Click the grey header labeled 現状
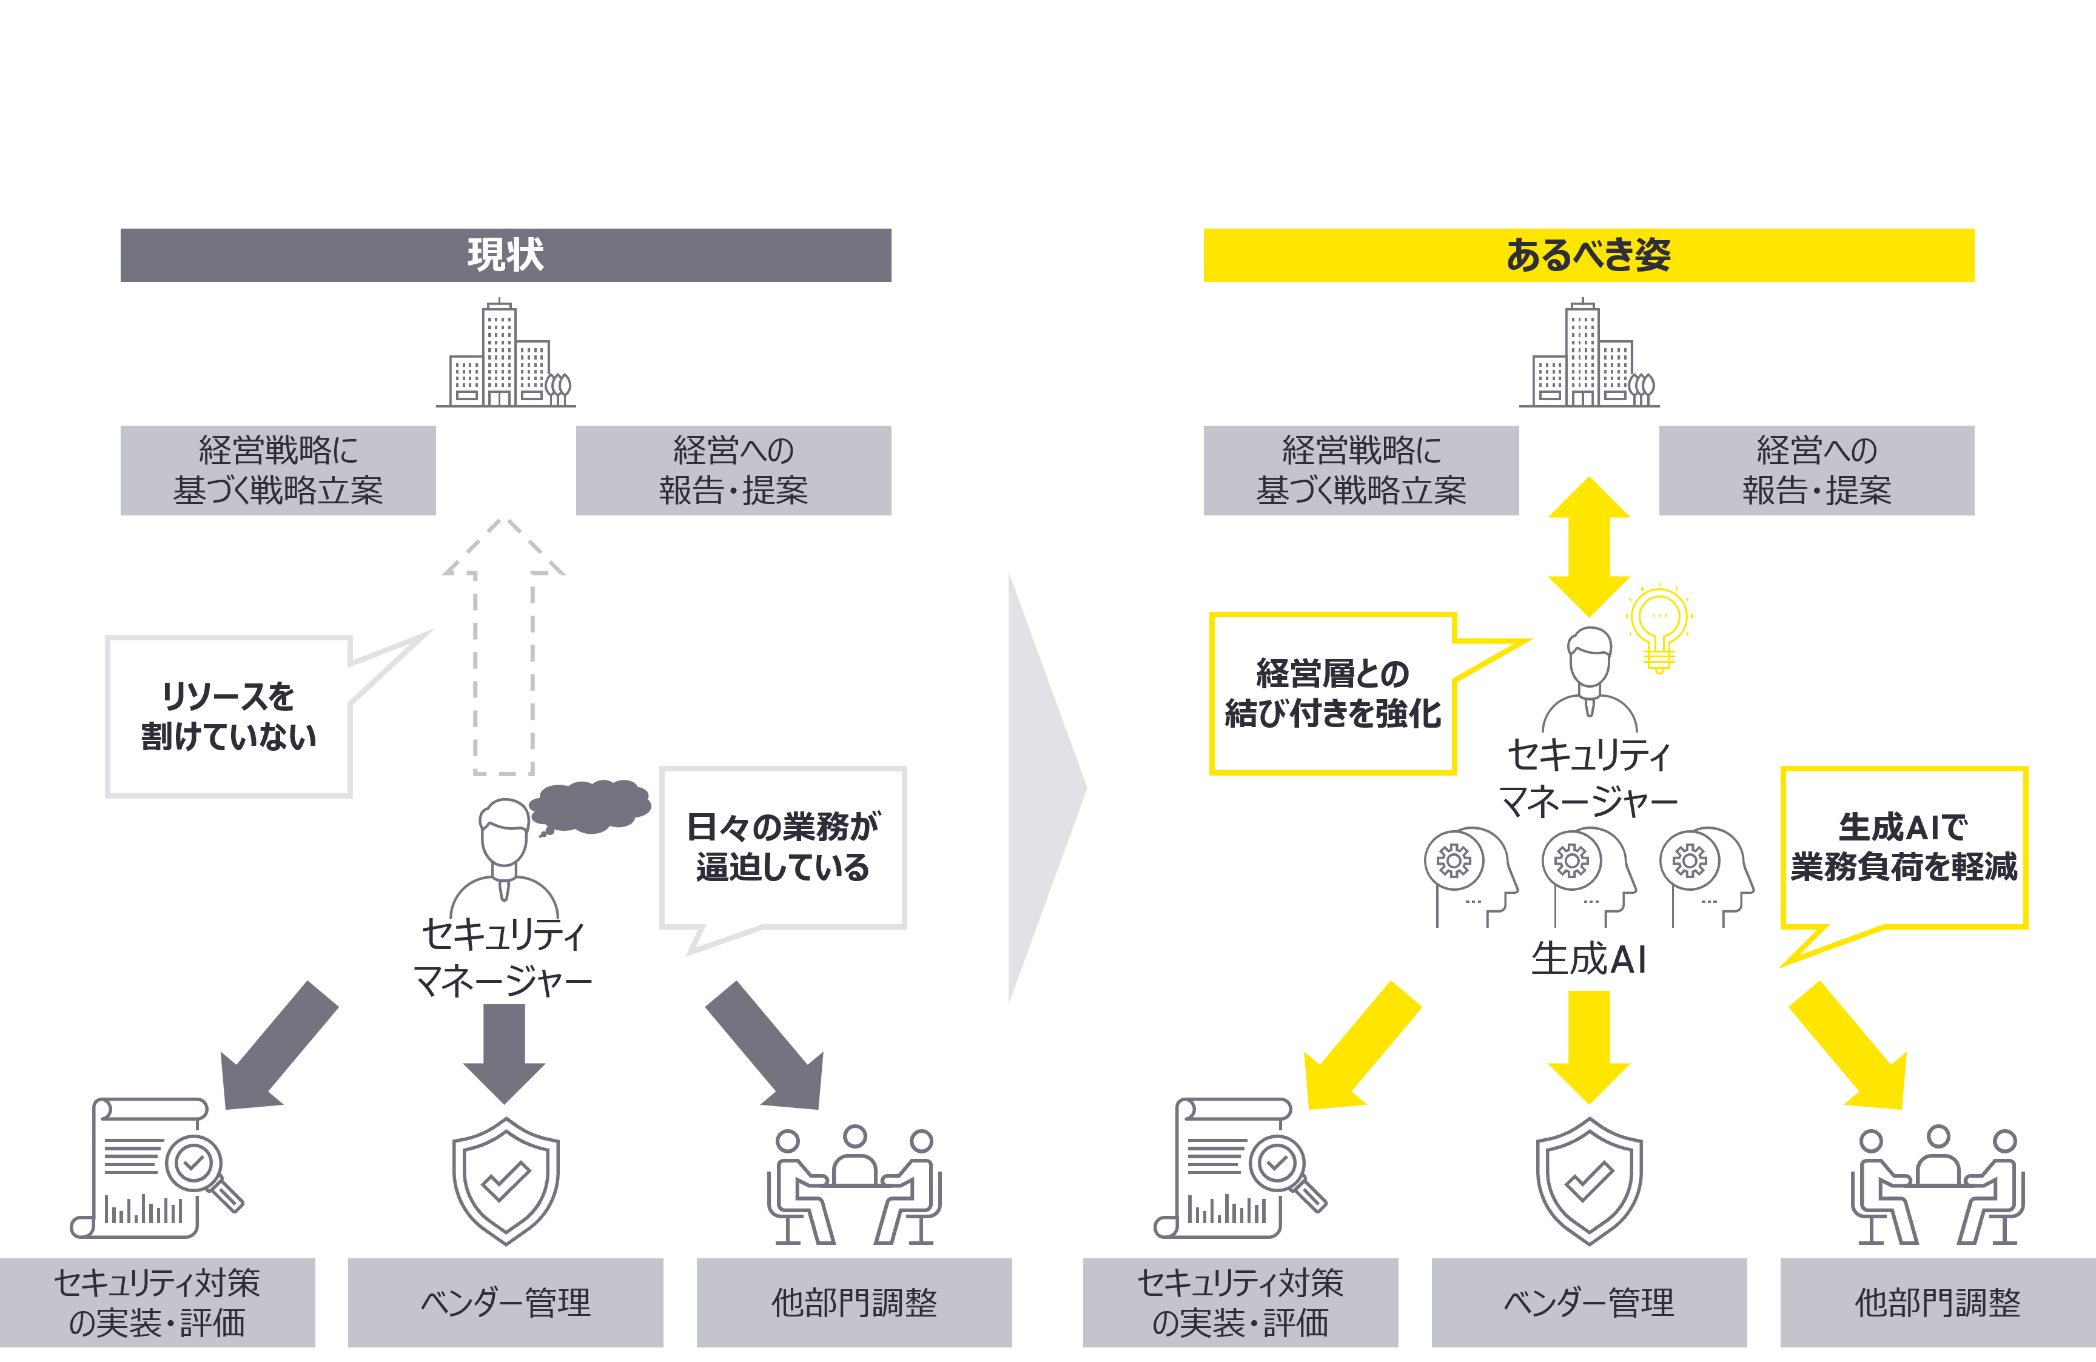pyautogui.click(x=506, y=255)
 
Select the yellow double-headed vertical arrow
pyautogui.click(x=1589, y=546)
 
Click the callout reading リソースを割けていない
pyautogui.click(x=229, y=717)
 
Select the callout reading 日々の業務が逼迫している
pyautogui.click(x=783, y=847)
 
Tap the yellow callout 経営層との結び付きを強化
pyautogui.click(x=1332, y=694)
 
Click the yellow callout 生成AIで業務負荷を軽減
pyautogui.click(x=1903, y=847)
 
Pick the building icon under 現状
pyautogui.click(x=506, y=356)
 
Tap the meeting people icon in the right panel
pyautogui.click(x=1938, y=1185)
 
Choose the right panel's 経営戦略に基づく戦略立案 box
pyautogui.click(x=1360, y=470)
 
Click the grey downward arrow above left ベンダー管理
pyautogui.click(x=505, y=1052)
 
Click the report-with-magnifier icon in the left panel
pyautogui.click(x=154, y=1167)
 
